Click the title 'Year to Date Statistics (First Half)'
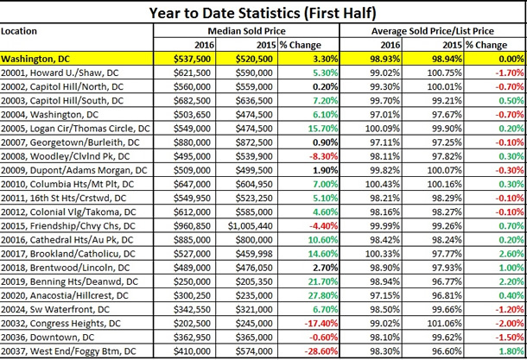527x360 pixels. point(263,12)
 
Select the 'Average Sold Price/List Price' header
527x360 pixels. point(431,30)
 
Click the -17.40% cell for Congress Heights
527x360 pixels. point(316,320)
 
